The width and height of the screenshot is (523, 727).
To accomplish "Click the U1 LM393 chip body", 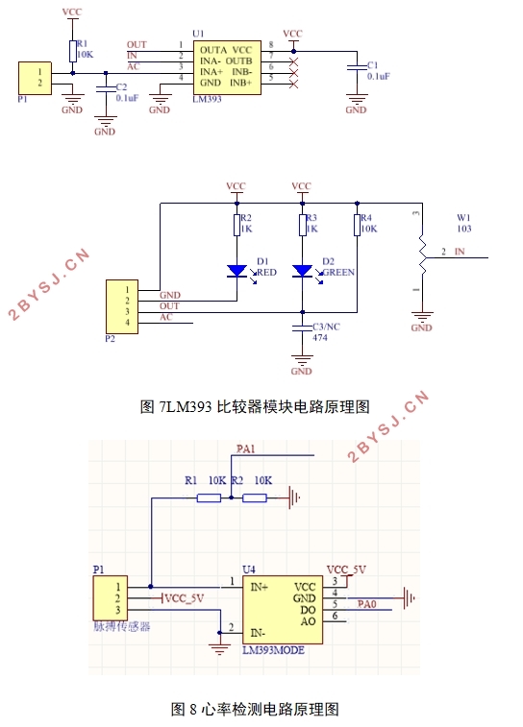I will (227, 64).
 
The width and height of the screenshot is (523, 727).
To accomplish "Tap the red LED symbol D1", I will (237, 272).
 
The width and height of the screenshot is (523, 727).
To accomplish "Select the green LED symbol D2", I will (303, 272).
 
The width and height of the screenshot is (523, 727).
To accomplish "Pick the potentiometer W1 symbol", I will (420, 254).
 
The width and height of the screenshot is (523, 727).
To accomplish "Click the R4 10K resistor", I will (357, 226).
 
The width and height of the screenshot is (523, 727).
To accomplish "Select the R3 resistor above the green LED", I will (303, 226).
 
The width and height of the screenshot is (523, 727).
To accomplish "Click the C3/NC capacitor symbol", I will (303, 328).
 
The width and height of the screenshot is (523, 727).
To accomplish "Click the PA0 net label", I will (367, 604).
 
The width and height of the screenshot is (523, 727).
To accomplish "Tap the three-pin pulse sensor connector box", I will (111, 597).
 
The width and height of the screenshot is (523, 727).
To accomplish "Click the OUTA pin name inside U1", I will (214, 47).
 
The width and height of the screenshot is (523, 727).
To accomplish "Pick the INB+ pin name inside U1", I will (240, 83).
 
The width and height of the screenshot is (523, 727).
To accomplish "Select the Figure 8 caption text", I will (255, 710).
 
